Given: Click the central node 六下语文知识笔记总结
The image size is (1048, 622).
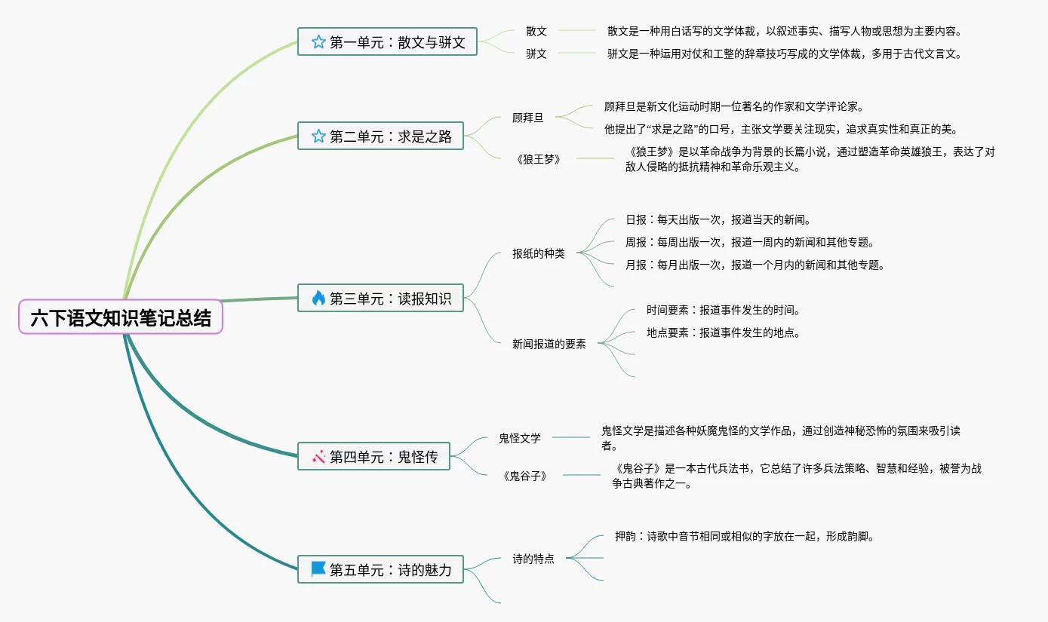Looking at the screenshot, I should click(x=121, y=317).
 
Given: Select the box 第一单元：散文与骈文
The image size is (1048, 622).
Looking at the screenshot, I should click(x=387, y=41).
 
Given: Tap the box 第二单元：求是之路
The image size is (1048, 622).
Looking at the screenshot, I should click(x=380, y=136).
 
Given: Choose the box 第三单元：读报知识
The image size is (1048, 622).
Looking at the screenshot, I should click(x=380, y=298).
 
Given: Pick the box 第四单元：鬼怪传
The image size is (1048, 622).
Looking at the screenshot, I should click(x=373, y=456).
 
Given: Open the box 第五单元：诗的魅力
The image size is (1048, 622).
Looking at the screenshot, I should click(x=380, y=569).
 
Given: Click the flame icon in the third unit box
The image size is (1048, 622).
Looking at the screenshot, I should click(x=318, y=298).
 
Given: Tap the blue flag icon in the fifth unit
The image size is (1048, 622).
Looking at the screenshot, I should click(x=318, y=569).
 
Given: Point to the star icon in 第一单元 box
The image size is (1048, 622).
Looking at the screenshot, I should click(x=318, y=41).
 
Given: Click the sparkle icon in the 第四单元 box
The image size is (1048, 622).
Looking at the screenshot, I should click(x=318, y=456).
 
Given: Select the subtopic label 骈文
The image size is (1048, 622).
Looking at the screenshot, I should click(x=536, y=54).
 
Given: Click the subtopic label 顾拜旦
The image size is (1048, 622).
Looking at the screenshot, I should click(x=527, y=118).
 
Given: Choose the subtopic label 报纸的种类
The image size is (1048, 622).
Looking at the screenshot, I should click(x=538, y=253).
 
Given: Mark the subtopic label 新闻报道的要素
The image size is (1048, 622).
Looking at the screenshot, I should click(x=549, y=344).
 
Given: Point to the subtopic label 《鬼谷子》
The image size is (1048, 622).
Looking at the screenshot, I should click(x=524, y=476).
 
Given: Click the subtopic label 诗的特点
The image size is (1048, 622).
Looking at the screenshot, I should click(x=533, y=559).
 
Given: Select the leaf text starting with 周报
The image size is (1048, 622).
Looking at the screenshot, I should click(x=748, y=243).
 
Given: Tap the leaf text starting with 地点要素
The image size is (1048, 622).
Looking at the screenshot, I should click(x=723, y=332).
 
